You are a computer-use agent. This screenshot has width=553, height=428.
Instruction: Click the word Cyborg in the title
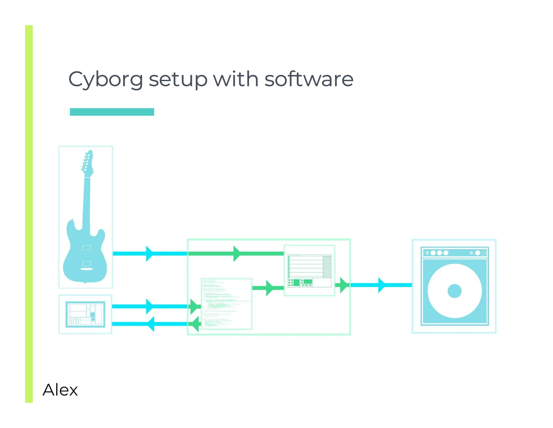click(x=105, y=79)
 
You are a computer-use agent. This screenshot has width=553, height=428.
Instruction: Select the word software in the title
click(x=309, y=79)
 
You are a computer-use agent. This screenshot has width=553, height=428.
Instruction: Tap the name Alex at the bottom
click(x=60, y=390)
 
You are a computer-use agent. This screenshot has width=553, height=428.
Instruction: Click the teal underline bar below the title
click(x=112, y=112)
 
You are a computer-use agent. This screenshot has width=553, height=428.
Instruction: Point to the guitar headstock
click(x=87, y=162)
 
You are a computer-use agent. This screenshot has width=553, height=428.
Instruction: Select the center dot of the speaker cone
click(x=454, y=291)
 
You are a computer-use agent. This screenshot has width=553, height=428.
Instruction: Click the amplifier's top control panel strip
click(x=454, y=253)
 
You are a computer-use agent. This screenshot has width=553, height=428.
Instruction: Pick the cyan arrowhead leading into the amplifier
click(x=381, y=285)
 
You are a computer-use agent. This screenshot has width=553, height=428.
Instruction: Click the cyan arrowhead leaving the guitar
click(x=149, y=254)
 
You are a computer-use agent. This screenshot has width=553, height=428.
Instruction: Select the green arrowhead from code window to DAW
click(x=269, y=288)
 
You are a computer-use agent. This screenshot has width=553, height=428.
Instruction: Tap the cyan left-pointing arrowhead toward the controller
click(x=151, y=324)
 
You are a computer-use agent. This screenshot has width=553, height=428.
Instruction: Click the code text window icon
click(x=226, y=304)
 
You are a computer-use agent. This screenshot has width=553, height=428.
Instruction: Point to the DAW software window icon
click(x=309, y=270)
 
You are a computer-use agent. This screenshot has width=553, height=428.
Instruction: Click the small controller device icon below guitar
click(x=85, y=314)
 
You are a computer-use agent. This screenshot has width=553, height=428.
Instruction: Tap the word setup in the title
click(x=178, y=79)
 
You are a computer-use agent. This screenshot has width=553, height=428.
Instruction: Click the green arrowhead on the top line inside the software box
click(x=236, y=254)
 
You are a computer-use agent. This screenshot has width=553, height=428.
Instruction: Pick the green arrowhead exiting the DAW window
click(x=343, y=285)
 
